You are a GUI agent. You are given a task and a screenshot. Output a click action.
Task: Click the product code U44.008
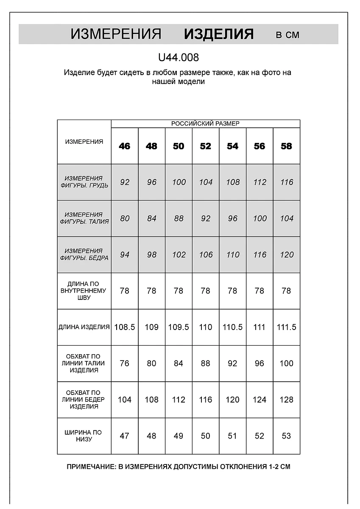click(178, 57)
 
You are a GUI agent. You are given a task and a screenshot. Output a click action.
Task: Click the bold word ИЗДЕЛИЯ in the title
click(219, 34)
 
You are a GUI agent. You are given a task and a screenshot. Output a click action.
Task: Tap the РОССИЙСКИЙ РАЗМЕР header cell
click(205, 123)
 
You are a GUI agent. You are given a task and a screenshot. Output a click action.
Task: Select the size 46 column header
click(125, 146)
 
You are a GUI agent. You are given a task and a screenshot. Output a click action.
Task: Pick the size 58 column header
click(287, 146)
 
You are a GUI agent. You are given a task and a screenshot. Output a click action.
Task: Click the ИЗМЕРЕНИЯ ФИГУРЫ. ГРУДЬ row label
click(84, 182)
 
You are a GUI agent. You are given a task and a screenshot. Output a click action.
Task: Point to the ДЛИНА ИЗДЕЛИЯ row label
click(84, 327)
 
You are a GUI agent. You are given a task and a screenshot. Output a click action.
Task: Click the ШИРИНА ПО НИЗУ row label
click(84, 436)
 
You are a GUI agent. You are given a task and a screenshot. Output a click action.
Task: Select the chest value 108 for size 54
click(233, 182)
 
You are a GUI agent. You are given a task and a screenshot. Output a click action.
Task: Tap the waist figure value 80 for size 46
click(125, 218)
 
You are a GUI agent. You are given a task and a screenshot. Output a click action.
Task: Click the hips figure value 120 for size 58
click(287, 255)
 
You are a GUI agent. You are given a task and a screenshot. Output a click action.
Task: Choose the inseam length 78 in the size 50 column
click(179, 291)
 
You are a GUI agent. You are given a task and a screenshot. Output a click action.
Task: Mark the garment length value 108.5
click(125, 327)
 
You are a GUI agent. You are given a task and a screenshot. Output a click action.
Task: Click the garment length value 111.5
click(287, 327)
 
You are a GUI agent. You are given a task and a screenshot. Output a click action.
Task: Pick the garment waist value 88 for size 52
click(206, 364)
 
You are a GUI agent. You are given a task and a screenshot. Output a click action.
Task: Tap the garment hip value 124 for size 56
click(260, 400)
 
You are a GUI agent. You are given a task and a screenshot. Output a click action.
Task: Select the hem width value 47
click(125, 436)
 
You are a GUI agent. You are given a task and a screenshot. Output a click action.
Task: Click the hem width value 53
click(287, 436)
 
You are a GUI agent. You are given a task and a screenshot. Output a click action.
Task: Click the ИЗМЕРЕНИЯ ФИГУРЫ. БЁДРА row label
click(84, 255)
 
